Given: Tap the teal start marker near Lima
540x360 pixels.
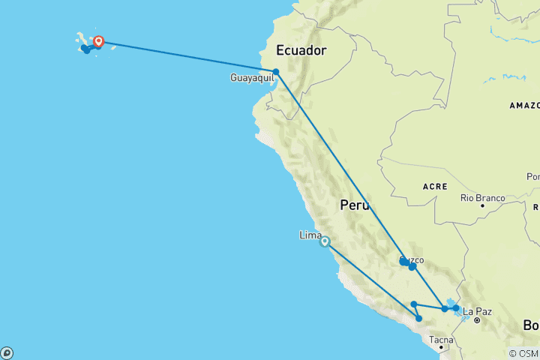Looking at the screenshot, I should pos(324,241).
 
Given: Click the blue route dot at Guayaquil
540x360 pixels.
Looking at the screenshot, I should pos(276,72).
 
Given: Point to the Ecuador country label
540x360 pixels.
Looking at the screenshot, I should pos(303,51).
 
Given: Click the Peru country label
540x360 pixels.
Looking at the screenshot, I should pos(355,205).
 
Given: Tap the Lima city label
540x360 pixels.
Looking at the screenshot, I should pos(310,235).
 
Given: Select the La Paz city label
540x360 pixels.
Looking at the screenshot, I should pos(477,311).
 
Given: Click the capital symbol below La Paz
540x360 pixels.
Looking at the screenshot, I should pos(476,320).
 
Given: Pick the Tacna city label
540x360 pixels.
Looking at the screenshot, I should pos(440,340).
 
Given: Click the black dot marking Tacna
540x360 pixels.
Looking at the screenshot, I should pos(441,349).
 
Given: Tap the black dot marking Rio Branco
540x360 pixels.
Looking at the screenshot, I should pos(482,205).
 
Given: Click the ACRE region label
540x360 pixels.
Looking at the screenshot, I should pos(435,186).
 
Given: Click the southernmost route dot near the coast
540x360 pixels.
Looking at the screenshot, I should pos(419,319).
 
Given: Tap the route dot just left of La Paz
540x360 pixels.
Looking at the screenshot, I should pos(455,308).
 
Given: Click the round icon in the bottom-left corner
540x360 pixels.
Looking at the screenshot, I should pos(7,352).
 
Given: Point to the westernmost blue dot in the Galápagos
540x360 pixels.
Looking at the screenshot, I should pos(86,50).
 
